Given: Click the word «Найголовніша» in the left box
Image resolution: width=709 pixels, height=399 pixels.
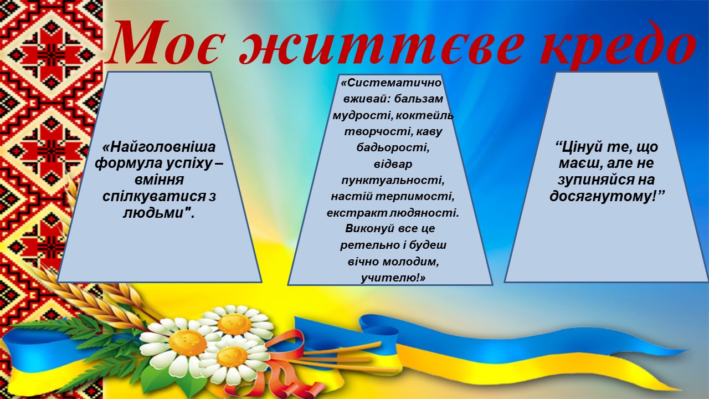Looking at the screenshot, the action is [159, 147].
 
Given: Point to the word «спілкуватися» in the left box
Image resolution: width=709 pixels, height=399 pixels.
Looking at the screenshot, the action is [154, 196].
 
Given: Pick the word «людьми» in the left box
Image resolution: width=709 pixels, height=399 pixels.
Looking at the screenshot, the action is [154, 213].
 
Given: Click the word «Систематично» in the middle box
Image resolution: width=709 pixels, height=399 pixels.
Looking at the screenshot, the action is [391, 83].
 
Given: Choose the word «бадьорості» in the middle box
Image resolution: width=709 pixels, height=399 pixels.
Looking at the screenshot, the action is [393, 148].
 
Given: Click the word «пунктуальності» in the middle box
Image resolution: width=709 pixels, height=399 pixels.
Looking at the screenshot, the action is [393, 181].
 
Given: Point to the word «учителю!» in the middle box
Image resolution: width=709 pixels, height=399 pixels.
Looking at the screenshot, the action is [393, 278].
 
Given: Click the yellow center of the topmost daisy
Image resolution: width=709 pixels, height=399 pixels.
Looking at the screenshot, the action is [234, 324].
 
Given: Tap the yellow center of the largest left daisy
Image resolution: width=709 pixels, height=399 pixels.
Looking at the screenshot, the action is [187, 342].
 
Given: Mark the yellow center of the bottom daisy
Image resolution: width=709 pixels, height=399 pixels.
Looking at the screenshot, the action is [232, 357].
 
